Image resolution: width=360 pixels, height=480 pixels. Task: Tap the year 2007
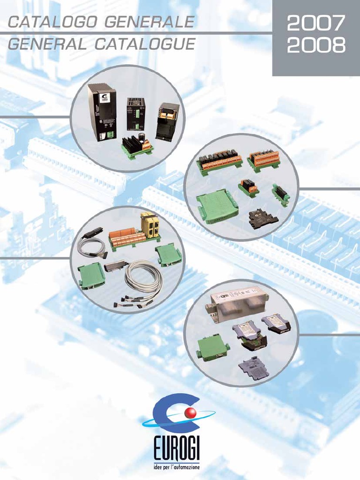tap(316, 22)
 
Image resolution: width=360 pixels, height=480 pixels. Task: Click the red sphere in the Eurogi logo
tap(190, 413)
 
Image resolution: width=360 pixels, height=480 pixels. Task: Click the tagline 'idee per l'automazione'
tap(176, 467)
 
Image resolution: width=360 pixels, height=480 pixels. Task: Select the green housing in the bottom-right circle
tap(212, 347)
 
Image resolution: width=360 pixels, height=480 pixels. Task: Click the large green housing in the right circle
tap(217, 207)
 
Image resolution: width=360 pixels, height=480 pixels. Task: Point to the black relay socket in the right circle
tap(263, 219)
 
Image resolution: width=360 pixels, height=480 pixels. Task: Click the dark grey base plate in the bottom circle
tap(253, 367)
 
